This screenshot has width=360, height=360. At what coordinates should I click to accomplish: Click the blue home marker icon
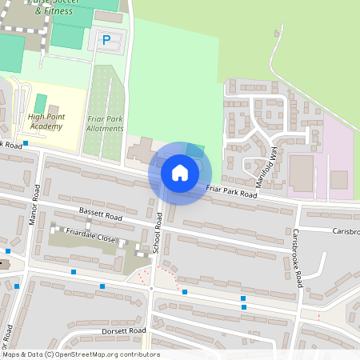tap(180, 173)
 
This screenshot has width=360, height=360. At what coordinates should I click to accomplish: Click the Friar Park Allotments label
tap(105, 123)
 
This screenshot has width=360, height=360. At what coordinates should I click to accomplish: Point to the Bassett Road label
tap(100, 216)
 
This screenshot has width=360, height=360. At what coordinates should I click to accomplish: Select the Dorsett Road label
tap(124, 330)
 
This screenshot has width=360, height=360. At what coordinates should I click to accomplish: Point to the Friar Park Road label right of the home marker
tap(231, 190)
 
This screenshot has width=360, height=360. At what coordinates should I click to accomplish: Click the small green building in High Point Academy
tap(40, 103)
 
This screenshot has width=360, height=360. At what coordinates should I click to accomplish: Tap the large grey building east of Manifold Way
tap(302, 173)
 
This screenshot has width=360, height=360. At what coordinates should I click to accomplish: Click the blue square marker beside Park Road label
tap(26, 143)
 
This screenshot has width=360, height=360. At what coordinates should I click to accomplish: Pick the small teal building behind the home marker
tap(195, 150)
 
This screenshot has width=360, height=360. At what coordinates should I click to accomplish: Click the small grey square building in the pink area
tap(339, 179)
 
